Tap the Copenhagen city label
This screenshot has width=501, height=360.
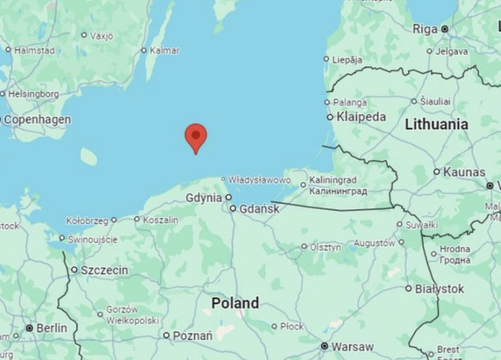coord(37,120)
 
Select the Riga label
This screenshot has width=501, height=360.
coord(425,28)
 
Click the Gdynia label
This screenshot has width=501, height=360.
coord(204,197)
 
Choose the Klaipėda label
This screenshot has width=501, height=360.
coord(362,116)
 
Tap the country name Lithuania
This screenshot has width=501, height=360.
coord(436,124)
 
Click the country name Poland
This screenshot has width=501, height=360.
coord(235,303)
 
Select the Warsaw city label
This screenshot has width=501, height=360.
coord(353,346)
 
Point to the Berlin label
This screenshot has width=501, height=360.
coord(52,328)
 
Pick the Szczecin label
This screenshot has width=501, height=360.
coord(104,270)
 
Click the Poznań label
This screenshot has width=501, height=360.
coord(193,335)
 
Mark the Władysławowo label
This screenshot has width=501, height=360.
coord(259,180)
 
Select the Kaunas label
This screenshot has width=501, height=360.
coord(464,172)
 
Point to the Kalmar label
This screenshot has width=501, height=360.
coord(164,50)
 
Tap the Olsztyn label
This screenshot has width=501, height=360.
coord(325,246)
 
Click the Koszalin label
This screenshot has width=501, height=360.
coord(161,220)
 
